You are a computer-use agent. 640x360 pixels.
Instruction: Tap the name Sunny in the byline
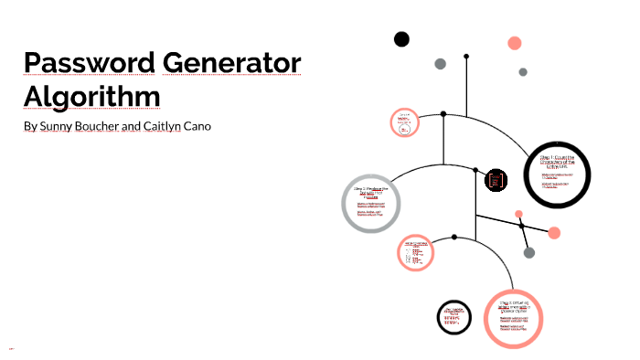point(58,125)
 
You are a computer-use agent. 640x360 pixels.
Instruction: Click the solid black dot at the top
point(401,38)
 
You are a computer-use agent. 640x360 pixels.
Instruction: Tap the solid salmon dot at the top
point(515,43)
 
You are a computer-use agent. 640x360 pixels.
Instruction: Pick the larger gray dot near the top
point(440,63)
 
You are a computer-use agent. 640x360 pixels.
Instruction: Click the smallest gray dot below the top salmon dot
point(523,71)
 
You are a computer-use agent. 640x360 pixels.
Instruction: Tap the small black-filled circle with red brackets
point(496,180)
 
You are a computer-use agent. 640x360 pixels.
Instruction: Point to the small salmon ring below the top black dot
point(403,123)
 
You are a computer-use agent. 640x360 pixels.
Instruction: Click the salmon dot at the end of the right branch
point(554,231)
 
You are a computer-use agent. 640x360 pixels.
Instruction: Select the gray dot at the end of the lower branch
point(528,252)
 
